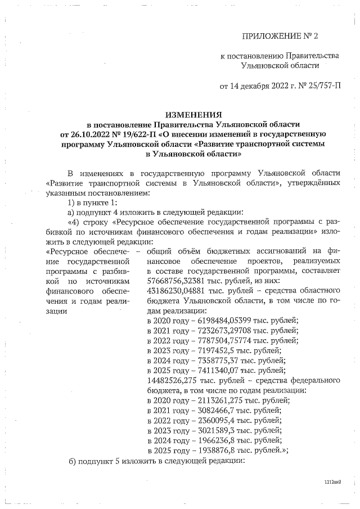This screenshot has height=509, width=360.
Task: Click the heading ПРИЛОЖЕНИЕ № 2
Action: point(280,37)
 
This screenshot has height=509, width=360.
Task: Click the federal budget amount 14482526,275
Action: point(175,380)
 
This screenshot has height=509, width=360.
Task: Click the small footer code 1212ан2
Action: point(333,483)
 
